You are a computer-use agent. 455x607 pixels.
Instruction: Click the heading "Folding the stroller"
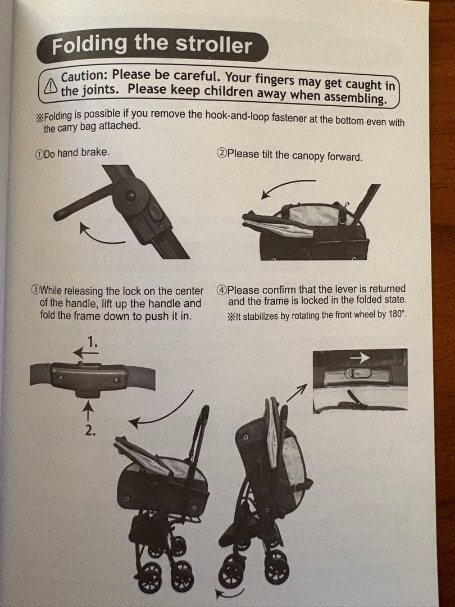point(152,45)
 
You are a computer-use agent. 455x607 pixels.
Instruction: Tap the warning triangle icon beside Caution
point(51,86)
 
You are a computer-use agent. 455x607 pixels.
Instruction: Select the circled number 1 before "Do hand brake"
point(39,155)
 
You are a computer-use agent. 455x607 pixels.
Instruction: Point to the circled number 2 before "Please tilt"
point(221,153)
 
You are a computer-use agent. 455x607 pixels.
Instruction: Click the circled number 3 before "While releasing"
point(35,289)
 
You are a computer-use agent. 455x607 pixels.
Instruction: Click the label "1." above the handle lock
point(92,342)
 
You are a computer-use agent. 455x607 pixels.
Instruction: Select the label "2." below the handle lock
point(90,431)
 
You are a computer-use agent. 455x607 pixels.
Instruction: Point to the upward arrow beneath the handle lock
point(89,410)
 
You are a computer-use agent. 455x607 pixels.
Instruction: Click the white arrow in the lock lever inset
point(360,357)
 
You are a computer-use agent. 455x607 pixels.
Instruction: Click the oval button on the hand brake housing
point(155,213)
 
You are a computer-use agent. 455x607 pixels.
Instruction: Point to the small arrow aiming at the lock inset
point(297,392)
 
